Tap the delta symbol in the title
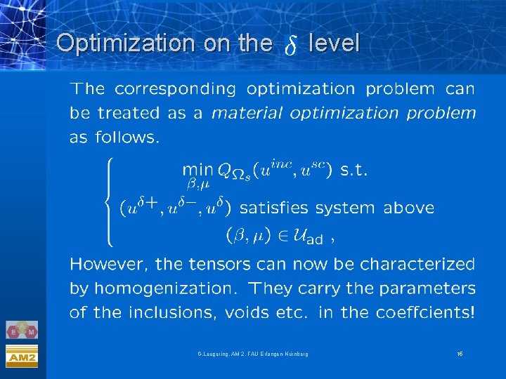(290, 46)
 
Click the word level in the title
(334, 44)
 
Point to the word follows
(124, 137)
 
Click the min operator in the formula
(197, 170)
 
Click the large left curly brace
(108, 201)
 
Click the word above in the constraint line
(409, 208)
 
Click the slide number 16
(460, 354)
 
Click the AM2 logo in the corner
(22, 357)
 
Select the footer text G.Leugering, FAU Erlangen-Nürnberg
(252, 354)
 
